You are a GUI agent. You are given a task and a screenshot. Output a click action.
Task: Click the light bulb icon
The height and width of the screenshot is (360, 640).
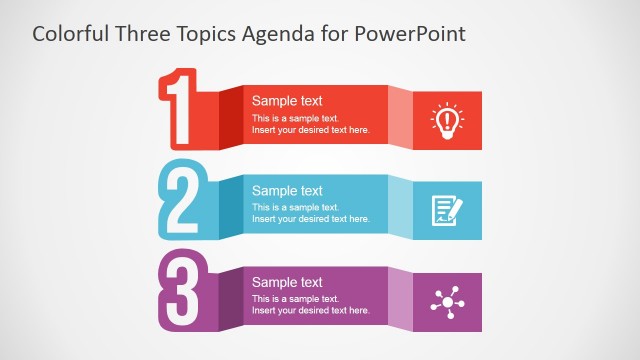pos(447,119)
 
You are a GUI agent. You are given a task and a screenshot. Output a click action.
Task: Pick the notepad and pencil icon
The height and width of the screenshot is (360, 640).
pos(447,209)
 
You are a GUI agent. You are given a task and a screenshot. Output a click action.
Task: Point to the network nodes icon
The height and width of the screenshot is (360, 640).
pos(447,300)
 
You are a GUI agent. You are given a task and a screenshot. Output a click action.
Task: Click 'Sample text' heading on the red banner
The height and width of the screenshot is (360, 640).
pos(287,100)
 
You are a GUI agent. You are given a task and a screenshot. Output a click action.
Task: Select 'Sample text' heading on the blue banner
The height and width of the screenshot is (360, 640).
pos(287,190)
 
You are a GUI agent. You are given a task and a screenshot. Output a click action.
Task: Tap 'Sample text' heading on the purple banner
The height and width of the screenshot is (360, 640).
pos(287,282)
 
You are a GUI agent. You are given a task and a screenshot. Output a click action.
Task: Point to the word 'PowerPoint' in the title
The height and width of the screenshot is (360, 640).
pos(411,34)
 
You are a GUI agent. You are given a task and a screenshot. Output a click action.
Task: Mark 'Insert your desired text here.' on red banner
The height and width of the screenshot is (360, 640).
pos(310,130)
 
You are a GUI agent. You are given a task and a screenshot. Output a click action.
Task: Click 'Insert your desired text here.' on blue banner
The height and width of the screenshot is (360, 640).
pos(310,219)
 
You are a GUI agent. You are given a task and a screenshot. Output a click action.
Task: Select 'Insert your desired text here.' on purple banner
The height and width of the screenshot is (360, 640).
pos(310,310)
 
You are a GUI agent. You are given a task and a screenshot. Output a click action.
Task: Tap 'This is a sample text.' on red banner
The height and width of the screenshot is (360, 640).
pos(295,118)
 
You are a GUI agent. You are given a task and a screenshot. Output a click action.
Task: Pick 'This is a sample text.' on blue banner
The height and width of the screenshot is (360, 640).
pos(295,207)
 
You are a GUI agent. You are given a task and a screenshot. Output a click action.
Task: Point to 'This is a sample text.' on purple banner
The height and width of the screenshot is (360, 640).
pos(295,299)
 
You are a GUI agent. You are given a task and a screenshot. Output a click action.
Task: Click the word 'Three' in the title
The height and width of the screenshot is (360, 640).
pos(146,34)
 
